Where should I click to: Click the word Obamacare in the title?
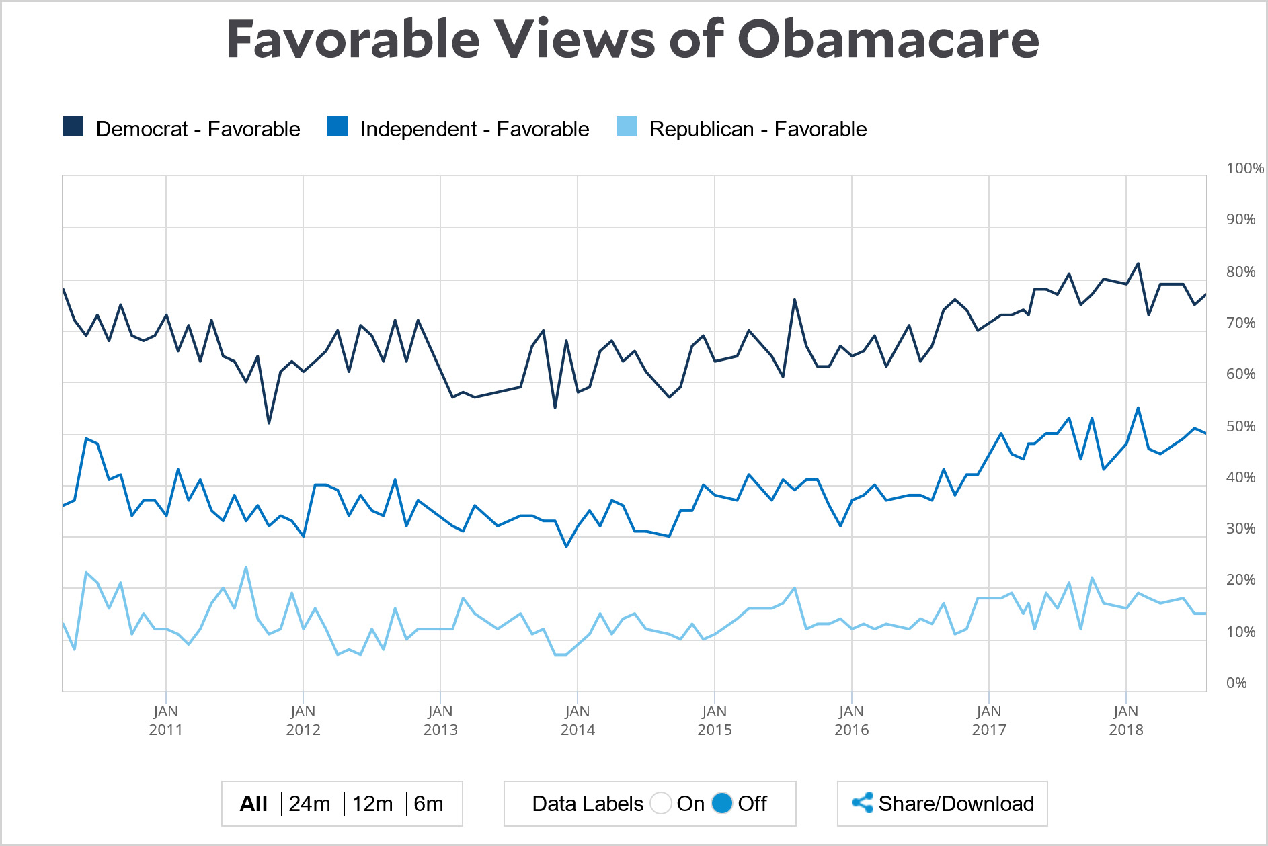coord(888,39)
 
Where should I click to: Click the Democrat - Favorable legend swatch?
coord(73,127)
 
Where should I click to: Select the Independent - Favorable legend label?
coord(474,129)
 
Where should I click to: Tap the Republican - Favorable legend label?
coord(758,129)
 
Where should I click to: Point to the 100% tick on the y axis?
coord(1244,169)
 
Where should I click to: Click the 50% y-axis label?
coord(1240,427)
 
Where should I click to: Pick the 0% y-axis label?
coord(1236,683)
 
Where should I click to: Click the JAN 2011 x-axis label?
coord(165,720)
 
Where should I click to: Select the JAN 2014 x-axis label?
coord(578,720)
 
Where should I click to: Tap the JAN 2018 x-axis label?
coord(1126,720)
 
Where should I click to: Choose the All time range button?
coord(253,804)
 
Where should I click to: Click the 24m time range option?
coord(309,804)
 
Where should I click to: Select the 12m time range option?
coord(372,804)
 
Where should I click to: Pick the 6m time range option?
coord(428,804)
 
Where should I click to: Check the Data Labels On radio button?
coord(661,803)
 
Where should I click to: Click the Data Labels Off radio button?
coord(722,803)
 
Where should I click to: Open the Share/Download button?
coord(943,804)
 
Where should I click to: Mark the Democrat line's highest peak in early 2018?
coord(1138,263)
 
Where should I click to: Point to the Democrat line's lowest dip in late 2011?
coord(269,423)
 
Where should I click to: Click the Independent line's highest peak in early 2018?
coord(1138,408)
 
